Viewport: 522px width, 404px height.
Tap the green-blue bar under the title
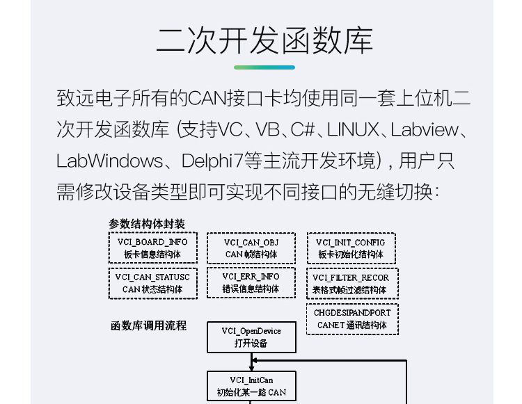(264, 67)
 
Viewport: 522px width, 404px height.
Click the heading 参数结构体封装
(147, 224)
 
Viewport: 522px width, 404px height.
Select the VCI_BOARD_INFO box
(152, 248)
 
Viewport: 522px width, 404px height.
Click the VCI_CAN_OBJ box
(251, 248)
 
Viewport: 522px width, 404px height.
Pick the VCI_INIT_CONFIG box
(351, 248)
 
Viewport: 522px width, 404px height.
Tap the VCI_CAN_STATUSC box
(152, 283)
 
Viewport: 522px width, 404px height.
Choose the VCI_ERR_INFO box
(251, 283)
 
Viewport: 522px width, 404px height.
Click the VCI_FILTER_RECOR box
(351, 283)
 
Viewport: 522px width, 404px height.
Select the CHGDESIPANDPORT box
(352, 318)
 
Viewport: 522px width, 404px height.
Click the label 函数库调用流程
(148, 325)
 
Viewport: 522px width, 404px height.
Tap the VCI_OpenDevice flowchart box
(251, 337)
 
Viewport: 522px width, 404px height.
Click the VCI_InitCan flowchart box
(251, 386)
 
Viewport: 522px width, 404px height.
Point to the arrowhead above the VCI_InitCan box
(253, 360)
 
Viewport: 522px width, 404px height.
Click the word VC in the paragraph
(230, 129)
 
